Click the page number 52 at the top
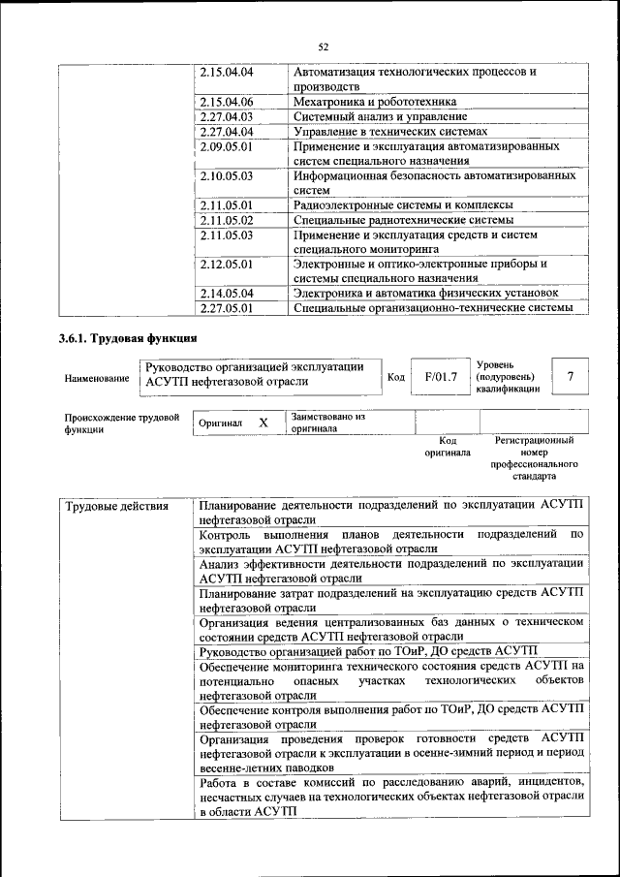[324, 46]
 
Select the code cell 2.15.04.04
[226, 73]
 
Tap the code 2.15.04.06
[226, 101]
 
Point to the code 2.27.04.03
[226, 116]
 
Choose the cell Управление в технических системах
[389, 132]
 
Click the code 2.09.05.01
[226, 146]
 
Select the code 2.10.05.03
[226, 176]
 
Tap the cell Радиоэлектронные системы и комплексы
[402, 205]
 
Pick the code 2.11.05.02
[226, 220]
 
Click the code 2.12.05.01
[226, 264]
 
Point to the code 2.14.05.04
[226, 294]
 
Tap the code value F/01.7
[440, 377]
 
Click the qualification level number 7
[571, 377]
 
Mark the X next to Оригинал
[263, 423]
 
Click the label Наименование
[97, 378]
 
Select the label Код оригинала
[447, 446]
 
